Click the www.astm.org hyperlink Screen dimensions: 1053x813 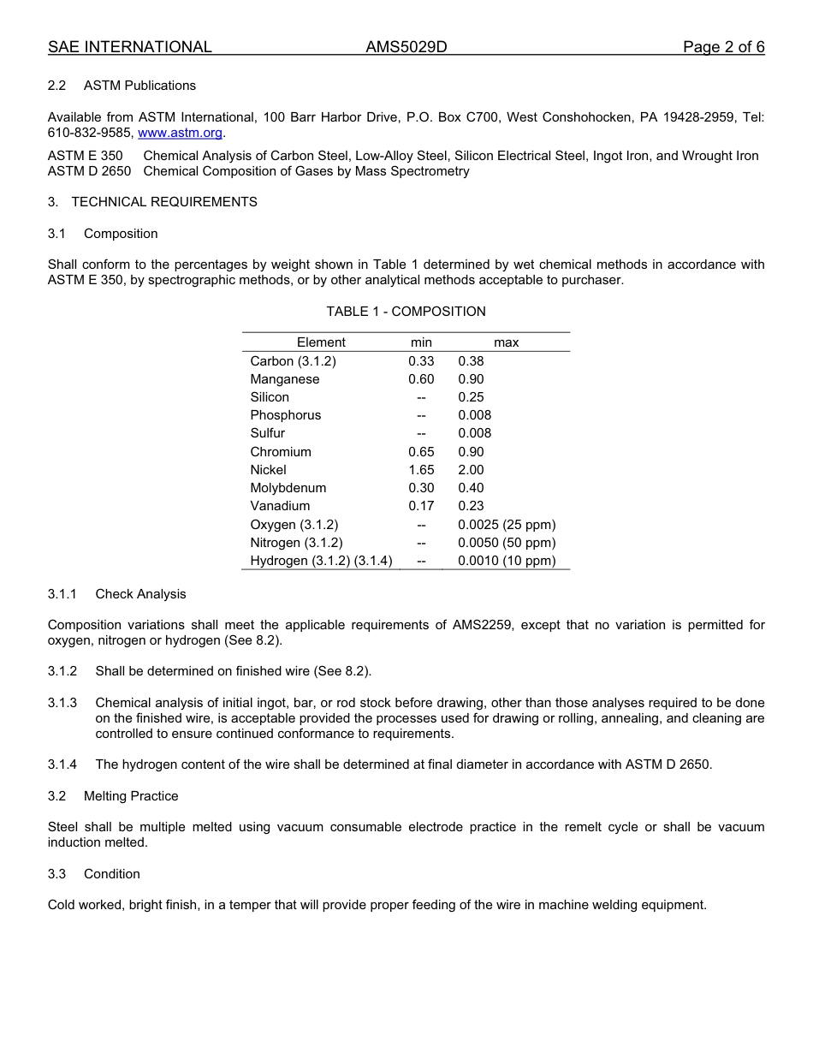pyautogui.click(x=180, y=134)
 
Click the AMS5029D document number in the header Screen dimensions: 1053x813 pyautogui.click(x=406, y=47)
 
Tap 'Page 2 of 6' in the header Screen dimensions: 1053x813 pyautogui.click(x=723, y=47)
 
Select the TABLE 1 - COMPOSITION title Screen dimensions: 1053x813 pyautogui.click(x=406, y=312)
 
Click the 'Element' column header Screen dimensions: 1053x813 pyautogui.click(x=321, y=342)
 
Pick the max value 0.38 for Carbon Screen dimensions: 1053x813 pyautogui.click(x=471, y=361)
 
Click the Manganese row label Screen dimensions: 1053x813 pyautogui.click(x=285, y=379)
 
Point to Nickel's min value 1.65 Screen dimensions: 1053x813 pyautogui.click(x=421, y=470)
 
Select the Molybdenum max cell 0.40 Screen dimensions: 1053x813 pyautogui.click(x=471, y=488)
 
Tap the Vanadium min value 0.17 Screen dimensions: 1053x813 pyautogui.click(x=421, y=506)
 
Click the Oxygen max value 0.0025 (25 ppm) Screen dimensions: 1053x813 pyautogui.click(x=507, y=525)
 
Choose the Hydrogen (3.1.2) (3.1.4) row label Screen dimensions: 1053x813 pyautogui.click(x=321, y=561)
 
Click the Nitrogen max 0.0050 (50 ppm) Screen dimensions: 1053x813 pyautogui.click(x=507, y=543)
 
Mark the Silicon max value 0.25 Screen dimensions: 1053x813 pyautogui.click(x=471, y=397)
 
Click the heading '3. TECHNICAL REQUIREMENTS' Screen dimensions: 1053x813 pyautogui.click(x=152, y=202)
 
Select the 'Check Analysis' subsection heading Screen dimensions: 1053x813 pyautogui.click(x=140, y=594)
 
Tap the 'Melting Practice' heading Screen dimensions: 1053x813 pyautogui.click(x=131, y=796)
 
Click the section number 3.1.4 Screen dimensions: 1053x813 pyautogui.click(x=62, y=764)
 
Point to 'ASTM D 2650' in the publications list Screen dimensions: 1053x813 pyautogui.click(x=90, y=171)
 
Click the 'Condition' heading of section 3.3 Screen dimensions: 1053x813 pyautogui.click(x=112, y=874)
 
